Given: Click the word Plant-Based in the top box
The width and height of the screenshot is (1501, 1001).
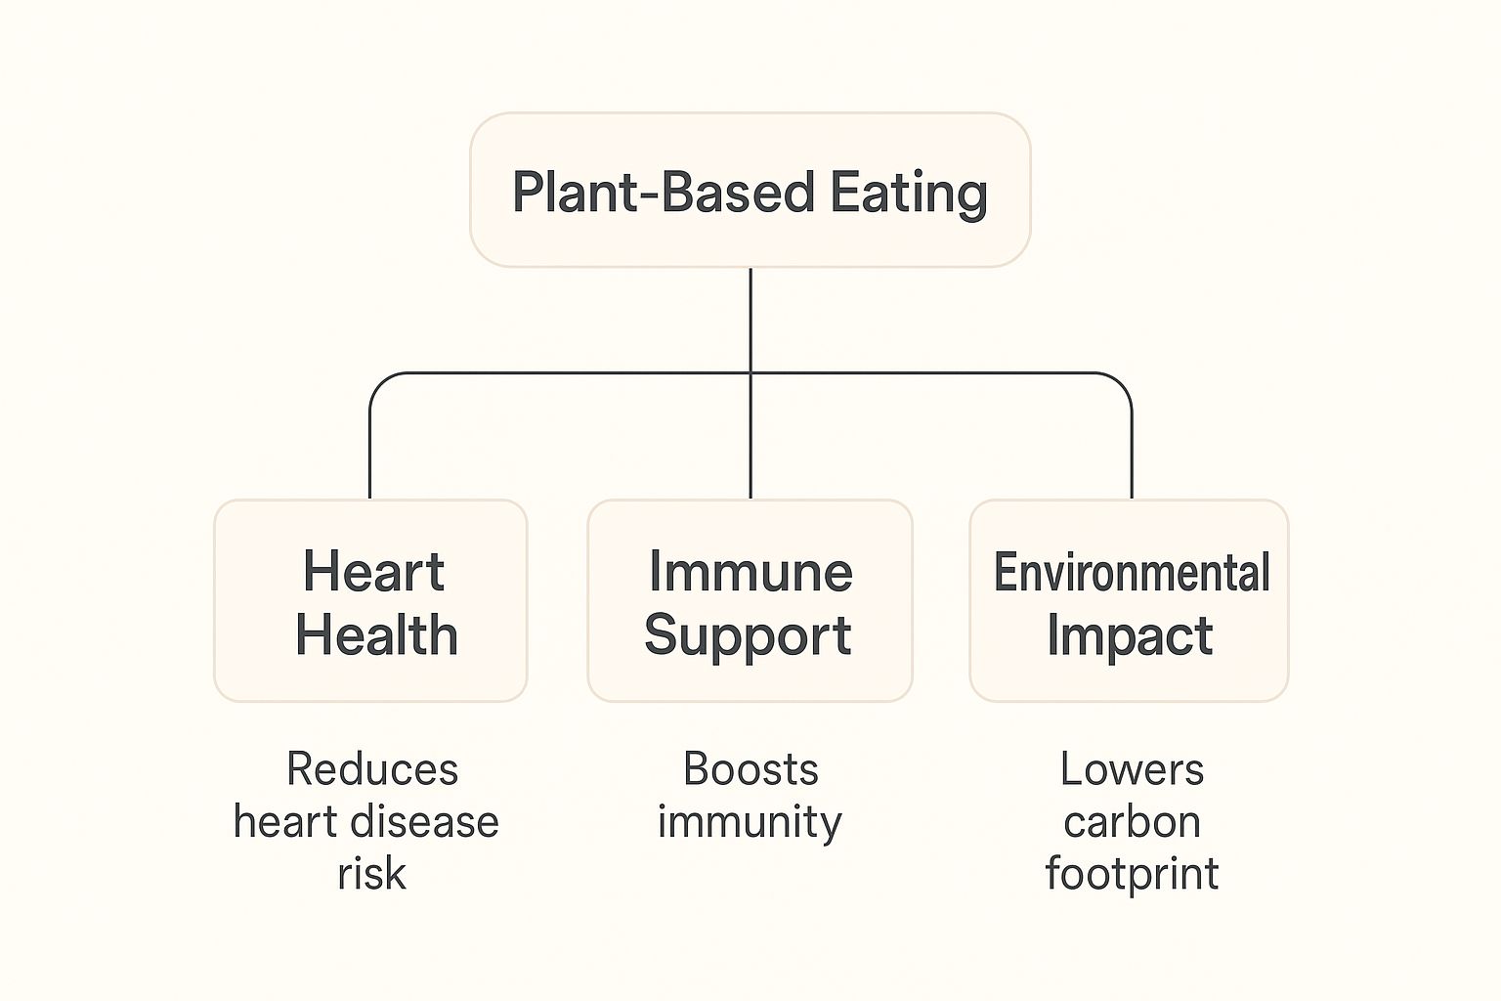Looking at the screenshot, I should click(x=663, y=192).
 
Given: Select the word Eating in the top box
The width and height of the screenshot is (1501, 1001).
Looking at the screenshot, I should click(x=909, y=193).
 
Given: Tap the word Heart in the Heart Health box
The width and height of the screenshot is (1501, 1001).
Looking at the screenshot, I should click(x=373, y=571).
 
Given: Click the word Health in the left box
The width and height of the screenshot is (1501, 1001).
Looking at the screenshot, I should click(x=376, y=635).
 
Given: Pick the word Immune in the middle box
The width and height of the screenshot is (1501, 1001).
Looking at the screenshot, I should click(x=750, y=571).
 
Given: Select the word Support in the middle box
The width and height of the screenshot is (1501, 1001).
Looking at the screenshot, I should click(x=748, y=636).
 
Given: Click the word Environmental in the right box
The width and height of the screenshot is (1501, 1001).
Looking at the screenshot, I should click(x=1131, y=572).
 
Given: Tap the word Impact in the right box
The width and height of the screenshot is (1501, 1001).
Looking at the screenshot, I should click(x=1130, y=636).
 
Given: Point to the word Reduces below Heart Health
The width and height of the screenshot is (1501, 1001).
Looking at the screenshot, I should click(x=372, y=769).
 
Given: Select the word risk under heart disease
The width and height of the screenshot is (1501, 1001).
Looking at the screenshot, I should click(x=371, y=873).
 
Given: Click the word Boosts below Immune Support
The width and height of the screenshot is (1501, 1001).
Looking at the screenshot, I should click(x=750, y=769).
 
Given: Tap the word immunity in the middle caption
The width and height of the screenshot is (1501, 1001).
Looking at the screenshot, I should click(x=750, y=821).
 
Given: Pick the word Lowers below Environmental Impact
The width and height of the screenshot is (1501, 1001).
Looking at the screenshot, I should click(x=1132, y=769).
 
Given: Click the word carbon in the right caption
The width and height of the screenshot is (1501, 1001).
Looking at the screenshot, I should click(x=1132, y=821).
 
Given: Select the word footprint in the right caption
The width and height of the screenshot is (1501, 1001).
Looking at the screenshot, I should click(x=1132, y=873).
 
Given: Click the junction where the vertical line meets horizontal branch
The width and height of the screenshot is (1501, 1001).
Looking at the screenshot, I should click(x=750, y=373).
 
